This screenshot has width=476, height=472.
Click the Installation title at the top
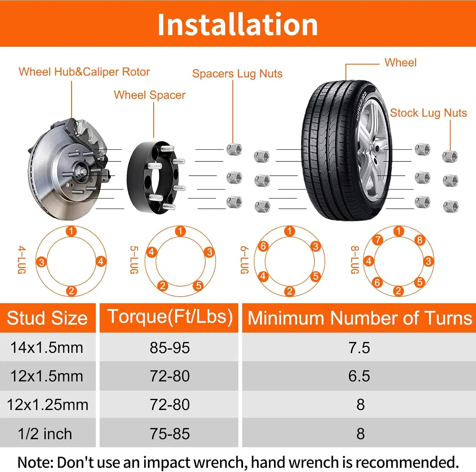click(x=238, y=24)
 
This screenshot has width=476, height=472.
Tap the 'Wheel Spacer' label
click(x=149, y=95)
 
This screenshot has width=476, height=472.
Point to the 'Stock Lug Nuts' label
click(x=428, y=113)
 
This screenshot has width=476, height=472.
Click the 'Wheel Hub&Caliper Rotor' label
click(x=84, y=72)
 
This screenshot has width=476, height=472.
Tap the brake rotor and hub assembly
click(x=68, y=170)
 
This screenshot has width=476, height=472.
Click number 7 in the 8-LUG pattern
click(x=378, y=239)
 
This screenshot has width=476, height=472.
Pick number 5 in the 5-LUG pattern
click(x=199, y=286)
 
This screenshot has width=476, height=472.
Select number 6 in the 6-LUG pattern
click(x=263, y=246)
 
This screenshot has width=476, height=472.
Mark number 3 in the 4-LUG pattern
click(x=42, y=262)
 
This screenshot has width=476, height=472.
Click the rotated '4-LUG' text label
click(x=21, y=260)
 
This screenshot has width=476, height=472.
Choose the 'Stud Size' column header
click(x=47, y=318)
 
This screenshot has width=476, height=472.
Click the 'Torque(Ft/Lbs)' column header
click(x=170, y=317)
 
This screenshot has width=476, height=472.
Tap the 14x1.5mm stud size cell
click(x=47, y=347)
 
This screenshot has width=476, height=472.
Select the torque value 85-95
click(x=170, y=348)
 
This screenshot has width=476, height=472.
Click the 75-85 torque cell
click(x=170, y=434)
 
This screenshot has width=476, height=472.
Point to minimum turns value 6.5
click(x=359, y=376)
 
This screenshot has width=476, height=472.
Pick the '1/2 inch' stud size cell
click(x=45, y=434)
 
